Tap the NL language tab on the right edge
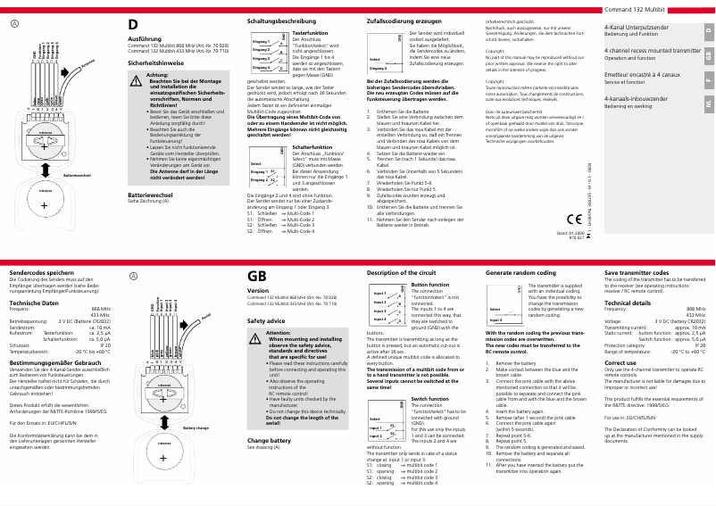(x=708, y=104)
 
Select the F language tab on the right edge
(x=708, y=79)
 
